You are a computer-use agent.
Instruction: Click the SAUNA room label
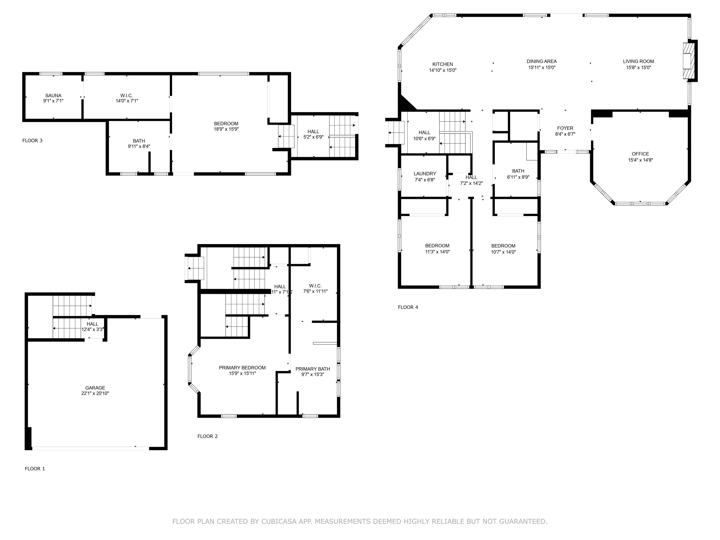(53, 95)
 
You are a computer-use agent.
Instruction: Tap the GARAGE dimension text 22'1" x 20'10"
(95, 393)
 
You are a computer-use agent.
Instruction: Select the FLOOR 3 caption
(32, 141)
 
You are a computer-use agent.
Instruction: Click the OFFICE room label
(640, 154)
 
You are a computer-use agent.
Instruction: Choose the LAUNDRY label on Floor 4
(425, 174)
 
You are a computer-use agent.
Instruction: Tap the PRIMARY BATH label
(312, 369)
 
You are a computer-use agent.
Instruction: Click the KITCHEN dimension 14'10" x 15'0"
(443, 70)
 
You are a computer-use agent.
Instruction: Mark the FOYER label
(565, 128)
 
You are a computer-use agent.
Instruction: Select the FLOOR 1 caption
(35, 469)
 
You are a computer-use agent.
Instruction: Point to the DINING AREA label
(542, 61)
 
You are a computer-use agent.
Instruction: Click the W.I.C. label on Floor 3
(127, 95)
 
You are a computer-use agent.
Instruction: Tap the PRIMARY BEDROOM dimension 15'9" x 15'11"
(242, 373)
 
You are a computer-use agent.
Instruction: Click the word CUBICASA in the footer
(279, 522)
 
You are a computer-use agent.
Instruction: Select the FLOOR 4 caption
(408, 307)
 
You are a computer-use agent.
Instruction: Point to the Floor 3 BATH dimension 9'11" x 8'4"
(139, 146)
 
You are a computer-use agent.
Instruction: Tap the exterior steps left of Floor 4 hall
(395, 132)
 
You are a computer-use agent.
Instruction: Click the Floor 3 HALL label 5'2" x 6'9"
(313, 132)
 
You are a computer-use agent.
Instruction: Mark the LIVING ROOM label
(638, 61)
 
